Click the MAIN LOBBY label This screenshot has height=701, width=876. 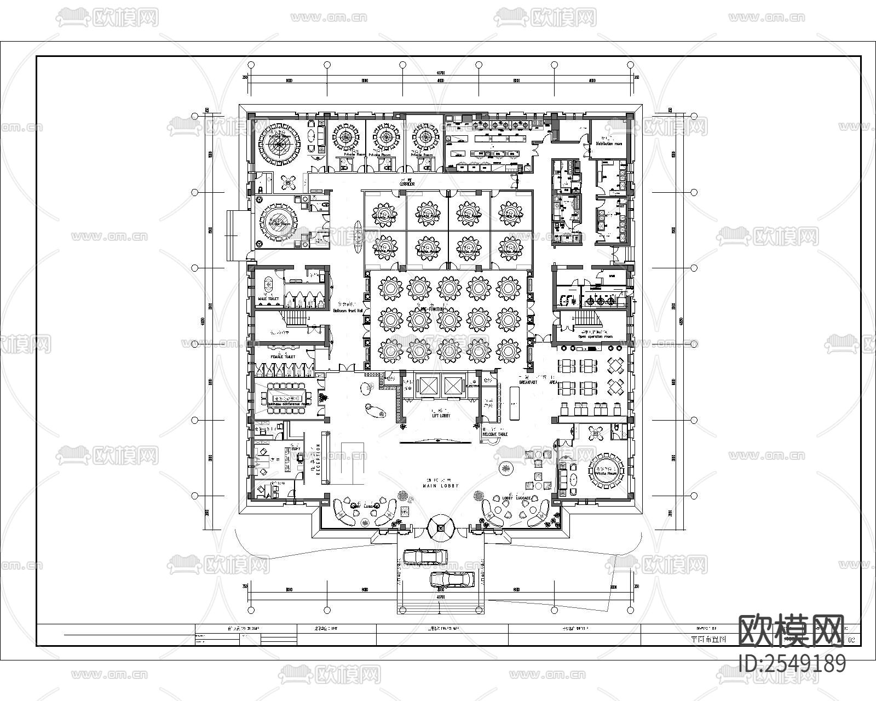(440, 486)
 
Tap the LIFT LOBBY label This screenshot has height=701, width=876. (441, 416)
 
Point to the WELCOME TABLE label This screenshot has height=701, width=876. (495, 434)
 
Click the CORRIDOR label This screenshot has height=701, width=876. (407, 185)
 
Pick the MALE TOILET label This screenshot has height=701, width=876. (268, 299)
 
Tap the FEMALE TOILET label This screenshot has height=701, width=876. (283, 357)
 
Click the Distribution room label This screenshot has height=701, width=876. (609, 143)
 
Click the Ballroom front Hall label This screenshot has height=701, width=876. (348, 311)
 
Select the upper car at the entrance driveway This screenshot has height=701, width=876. (425, 558)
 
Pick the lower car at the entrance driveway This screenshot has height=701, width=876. (452, 579)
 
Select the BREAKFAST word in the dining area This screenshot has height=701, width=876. (528, 382)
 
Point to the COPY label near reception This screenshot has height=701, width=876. (296, 449)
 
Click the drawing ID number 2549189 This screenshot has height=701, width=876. (792, 663)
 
